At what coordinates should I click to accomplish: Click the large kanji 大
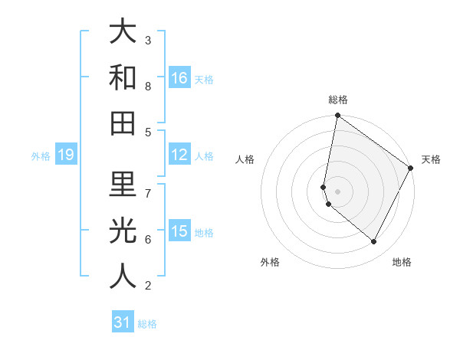123,31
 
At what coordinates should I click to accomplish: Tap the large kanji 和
123,77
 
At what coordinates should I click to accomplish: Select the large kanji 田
123,122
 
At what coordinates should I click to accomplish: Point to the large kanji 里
123,184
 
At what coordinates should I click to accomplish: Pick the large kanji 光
123,230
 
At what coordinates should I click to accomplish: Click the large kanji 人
123,276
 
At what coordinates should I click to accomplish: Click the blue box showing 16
179,77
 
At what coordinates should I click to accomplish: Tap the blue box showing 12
179,155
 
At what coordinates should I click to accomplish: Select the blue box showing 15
179,231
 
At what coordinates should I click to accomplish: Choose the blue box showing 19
66,155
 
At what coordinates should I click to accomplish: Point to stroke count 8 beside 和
148,86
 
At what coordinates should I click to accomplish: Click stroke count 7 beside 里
148,192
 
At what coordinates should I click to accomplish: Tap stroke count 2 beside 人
148,286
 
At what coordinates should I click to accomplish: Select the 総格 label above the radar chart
338,100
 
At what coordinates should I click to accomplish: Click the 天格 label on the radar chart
431,159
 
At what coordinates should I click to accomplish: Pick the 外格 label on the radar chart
270,262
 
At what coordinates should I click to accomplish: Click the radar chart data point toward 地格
374,242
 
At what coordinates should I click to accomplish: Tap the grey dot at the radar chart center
338,191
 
